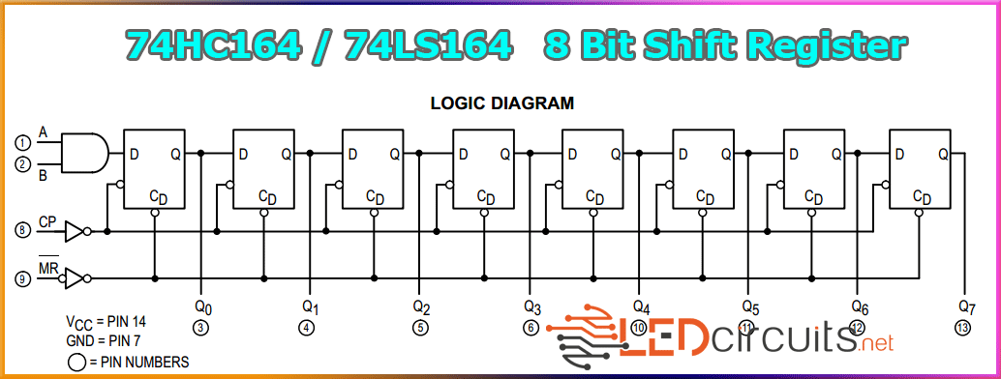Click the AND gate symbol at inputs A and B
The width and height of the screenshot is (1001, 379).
point(85,153)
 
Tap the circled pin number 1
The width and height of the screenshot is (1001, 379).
point(23,142)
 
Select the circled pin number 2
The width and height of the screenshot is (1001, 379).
point(23,164)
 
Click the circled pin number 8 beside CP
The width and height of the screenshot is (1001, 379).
point(23,230)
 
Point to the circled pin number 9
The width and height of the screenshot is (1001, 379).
point(23,278)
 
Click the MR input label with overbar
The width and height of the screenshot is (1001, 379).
point(48,268)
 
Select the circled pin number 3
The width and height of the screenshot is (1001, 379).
point(201,328)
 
